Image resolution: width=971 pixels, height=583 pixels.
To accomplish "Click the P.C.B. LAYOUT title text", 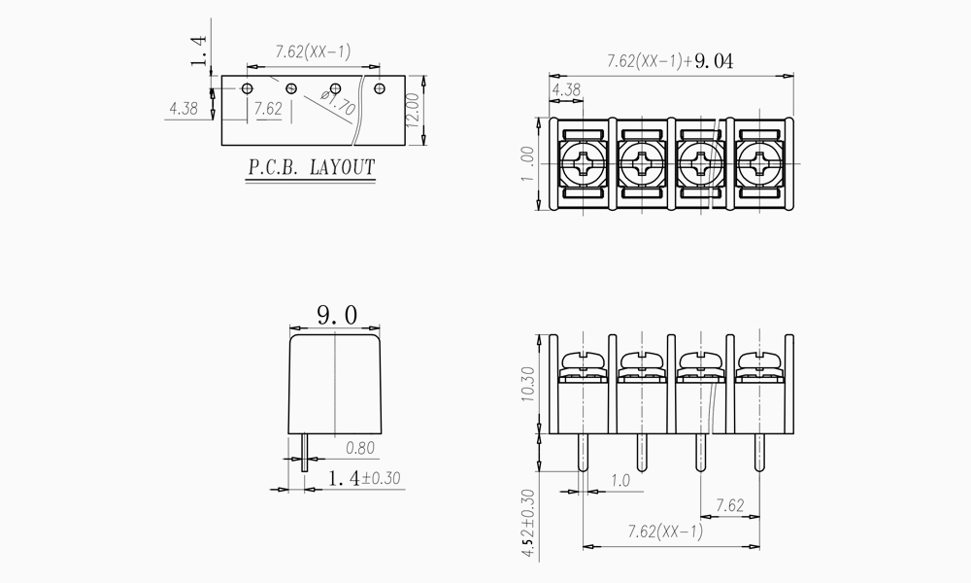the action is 312,167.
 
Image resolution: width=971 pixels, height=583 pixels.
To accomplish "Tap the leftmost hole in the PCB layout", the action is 247,88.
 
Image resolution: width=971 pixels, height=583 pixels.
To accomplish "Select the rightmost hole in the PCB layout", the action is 380,88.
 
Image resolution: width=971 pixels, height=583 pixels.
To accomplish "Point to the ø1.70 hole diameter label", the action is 339,102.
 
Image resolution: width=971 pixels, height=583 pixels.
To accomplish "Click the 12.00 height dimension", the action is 413,110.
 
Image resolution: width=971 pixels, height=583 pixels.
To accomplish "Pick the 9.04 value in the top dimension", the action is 714,61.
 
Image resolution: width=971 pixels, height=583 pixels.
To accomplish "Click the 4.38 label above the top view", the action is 566,90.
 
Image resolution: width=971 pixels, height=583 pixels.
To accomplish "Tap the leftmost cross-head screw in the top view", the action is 583,163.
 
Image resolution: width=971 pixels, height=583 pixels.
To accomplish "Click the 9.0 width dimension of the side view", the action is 338,316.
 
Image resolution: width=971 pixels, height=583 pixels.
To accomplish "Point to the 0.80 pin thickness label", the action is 360,448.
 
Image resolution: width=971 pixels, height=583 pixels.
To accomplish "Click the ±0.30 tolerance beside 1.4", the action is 382,478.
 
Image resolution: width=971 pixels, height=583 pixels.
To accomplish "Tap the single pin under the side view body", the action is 304,452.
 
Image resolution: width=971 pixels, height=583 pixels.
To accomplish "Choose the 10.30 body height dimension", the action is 527,384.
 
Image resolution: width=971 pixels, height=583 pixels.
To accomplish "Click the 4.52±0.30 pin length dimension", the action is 527,523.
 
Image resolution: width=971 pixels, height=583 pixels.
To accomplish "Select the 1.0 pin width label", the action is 619,481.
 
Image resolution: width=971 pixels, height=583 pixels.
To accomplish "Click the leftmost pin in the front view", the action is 583,452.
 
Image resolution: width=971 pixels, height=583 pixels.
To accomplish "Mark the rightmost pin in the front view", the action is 759,452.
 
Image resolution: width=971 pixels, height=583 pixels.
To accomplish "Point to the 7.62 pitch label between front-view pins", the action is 730,506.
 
